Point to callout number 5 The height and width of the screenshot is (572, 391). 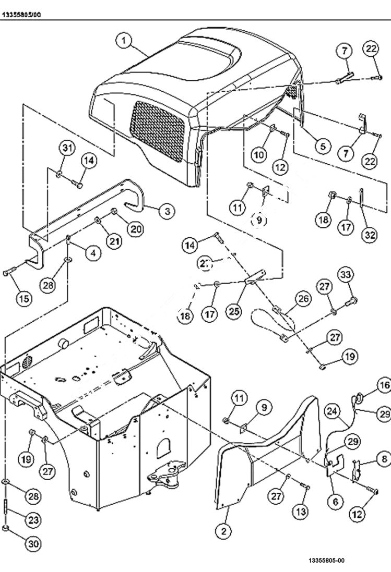322,147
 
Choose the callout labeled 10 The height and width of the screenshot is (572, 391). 259,154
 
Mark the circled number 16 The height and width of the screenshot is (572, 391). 384,385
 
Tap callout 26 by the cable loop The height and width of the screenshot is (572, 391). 303,299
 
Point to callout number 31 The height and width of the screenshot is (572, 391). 65,149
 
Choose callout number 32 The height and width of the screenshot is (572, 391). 370,235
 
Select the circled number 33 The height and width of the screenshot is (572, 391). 344,274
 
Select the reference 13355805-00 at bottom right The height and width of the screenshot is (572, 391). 326,561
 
